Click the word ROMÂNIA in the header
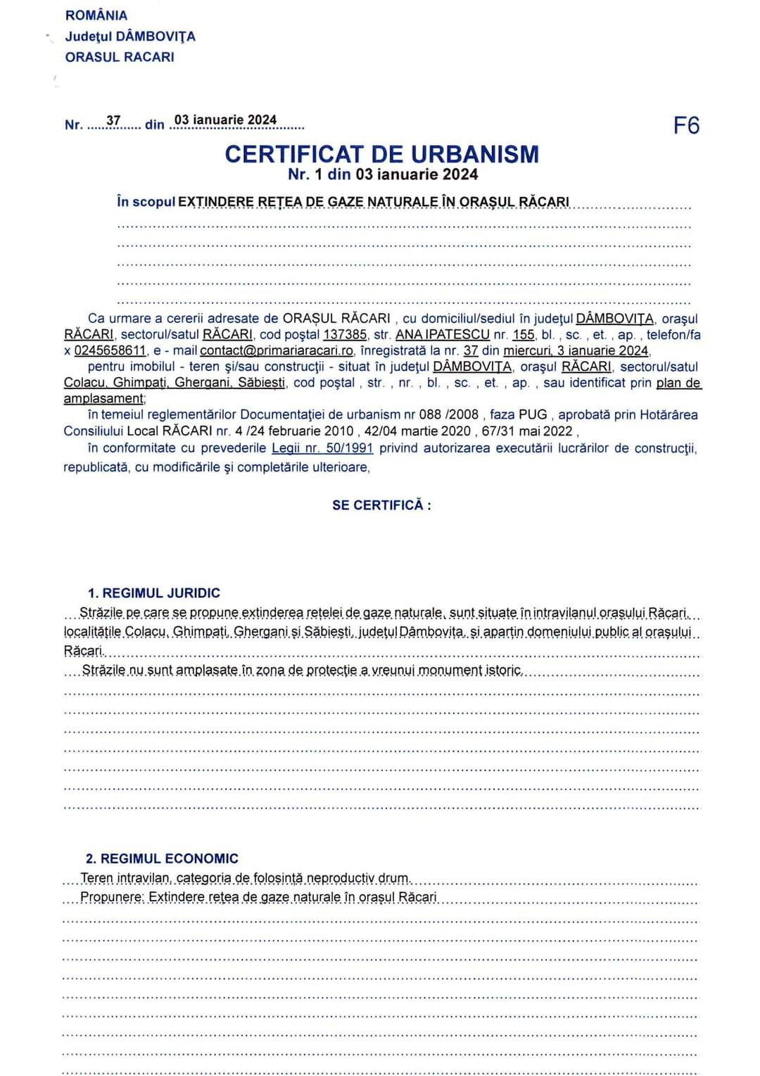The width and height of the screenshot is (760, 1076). coord(96,15)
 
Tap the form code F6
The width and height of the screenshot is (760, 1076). coord(686,125)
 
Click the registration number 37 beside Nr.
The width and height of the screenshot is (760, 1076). coord(113,121)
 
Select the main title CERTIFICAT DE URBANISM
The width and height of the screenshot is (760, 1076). coord(382,154)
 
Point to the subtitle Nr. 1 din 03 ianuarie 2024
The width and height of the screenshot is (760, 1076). coord(383,175)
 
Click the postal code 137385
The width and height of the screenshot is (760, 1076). coord(345,335)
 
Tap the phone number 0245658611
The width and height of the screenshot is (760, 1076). coord(110,350)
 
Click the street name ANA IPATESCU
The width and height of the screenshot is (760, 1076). coord(442,335)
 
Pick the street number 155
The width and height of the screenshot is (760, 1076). coord(523,335)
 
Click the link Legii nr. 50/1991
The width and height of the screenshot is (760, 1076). coord(322,448)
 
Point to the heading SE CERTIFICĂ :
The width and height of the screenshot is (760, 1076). coord(381,505)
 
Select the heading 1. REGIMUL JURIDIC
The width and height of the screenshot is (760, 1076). coord(154,593)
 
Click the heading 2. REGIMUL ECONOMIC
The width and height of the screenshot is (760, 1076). coord(162,859)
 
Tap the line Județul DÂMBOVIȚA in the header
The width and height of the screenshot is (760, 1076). coord(130,37)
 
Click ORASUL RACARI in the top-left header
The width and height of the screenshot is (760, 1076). coord(120,57)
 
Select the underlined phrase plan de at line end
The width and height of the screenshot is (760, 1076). coord(678,383)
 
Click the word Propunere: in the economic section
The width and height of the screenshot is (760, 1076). coord(112,897)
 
